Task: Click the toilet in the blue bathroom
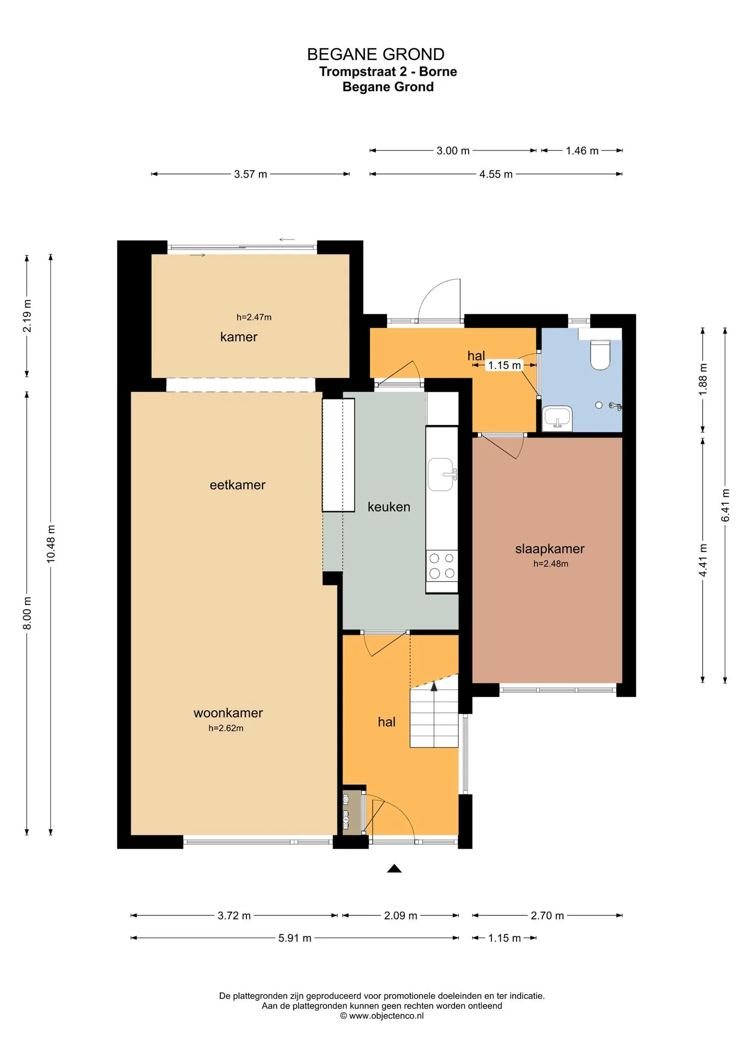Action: tap(600, 355)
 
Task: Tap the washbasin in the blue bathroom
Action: tap(557, 419)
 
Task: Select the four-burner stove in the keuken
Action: tap(442, 565)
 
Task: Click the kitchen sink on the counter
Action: tap(441, 474)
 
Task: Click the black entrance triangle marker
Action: tap(394, 868)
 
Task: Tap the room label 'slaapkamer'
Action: tap(550, 549)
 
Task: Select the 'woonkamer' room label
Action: tap(228, 713)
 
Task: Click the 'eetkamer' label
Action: tap(238, 485)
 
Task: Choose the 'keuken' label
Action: tap(389, 507)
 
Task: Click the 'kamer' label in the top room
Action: tap(239, 337)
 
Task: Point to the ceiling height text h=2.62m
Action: tap(226, 728)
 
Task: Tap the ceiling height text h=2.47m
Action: tap(254, 317)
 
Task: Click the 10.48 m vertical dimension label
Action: tap(51, 544)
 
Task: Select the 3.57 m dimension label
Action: tap(251, 174)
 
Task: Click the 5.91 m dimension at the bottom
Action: tap(295, 938)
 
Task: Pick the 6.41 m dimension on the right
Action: tap(725, 505)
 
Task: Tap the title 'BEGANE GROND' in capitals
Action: tap(376, 54)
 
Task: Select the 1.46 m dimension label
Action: tap(582, 150)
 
